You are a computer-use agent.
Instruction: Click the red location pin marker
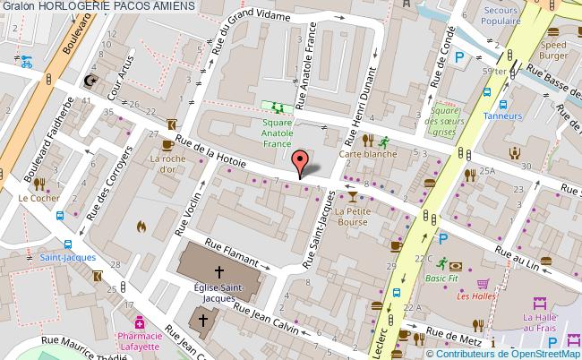pos(302,163)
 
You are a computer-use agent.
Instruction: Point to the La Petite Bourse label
pos(352,217)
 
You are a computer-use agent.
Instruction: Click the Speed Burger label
pos(554,49)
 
